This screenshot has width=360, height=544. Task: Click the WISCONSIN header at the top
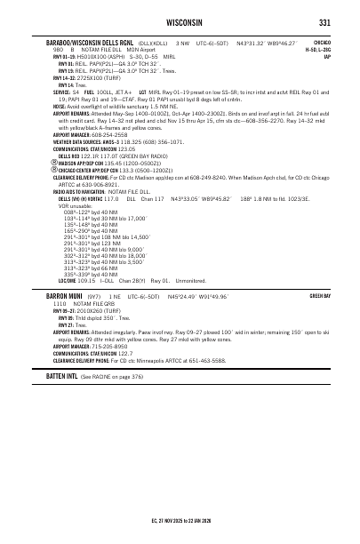180,22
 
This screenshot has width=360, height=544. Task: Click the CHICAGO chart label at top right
322,42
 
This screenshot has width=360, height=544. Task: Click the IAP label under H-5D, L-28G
327,57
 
